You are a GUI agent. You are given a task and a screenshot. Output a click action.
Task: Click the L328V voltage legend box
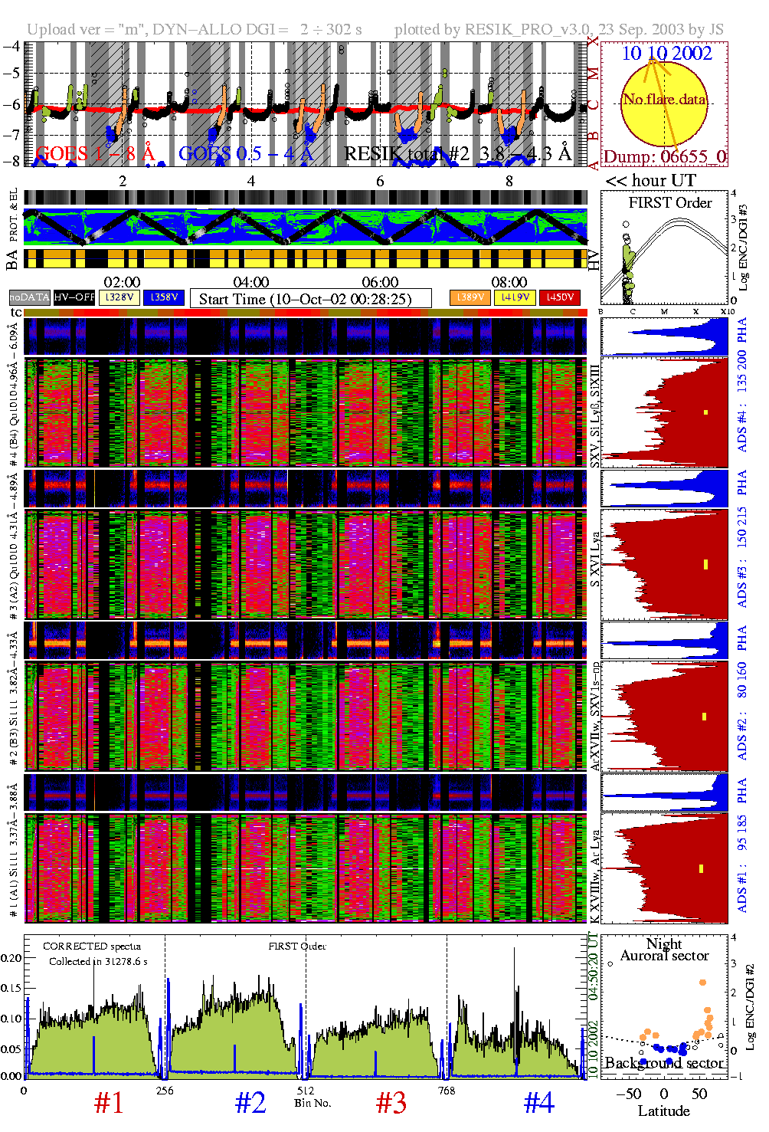pyautogui.click(x=119, y=297)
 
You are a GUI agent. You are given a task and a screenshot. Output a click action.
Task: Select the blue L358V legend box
pyautogui.click(x=164, y=297)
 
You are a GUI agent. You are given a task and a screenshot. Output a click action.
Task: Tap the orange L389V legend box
pyautogui.click(x=470, y=297)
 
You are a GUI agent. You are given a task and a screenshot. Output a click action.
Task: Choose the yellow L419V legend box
pyautogui.click(x=515, y=297)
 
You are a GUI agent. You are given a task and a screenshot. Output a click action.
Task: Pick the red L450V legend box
pyautogui.click(x=560, y=297)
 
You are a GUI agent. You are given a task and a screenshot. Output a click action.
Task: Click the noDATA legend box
pyautogui.click(x=30, y=297)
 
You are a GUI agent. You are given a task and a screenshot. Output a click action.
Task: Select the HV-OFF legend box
pyautogui.click(x=74, y=297)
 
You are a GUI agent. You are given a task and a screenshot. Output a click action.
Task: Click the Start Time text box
pyautogui.click(x=310, y=299)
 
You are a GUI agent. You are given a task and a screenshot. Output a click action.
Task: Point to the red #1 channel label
pyautogui.click(x=108, y=1103)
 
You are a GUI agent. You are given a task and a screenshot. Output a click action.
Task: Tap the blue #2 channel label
pyautogui.click(x=250, y=1103)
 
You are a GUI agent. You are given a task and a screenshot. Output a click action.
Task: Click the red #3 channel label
pyautogui.click(x=391, y=1103)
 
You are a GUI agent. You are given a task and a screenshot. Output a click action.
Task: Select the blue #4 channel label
pyautogui.click(x=538, y=1103)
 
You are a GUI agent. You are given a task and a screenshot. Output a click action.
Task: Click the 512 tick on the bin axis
pyautogui.click(x=306, y=1090)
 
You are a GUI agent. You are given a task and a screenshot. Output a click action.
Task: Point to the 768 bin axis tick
pyautogui.click(x=447, y=1090)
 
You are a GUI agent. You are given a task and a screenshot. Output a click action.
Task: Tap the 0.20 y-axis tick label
pyautogui.click(x=11, y=958)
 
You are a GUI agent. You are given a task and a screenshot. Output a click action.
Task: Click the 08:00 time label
pyautogui.click(x=509, y=282)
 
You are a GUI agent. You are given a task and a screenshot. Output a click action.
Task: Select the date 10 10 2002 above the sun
pyautogui.click(x=666, y=53)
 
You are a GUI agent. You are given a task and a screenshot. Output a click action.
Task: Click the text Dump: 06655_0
pyautogui.click(x=664, y=156)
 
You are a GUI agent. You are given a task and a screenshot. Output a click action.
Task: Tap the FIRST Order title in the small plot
pyautogui.click(x=670, y=202)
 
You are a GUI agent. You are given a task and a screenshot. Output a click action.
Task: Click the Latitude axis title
pyautogui.click(x=663, y=1111)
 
